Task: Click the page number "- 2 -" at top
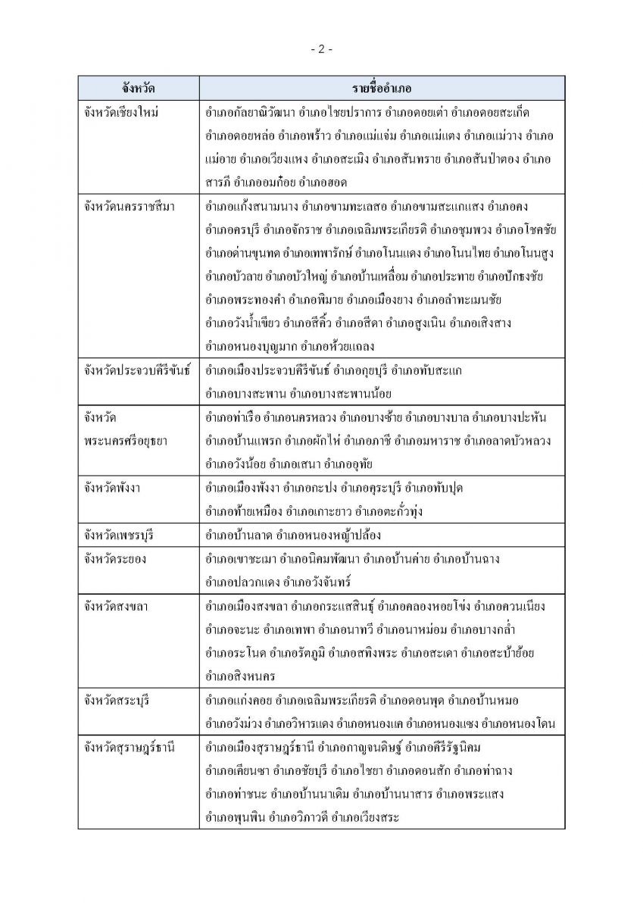click(321, 49)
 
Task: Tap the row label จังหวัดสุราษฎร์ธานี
click(130, 748)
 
